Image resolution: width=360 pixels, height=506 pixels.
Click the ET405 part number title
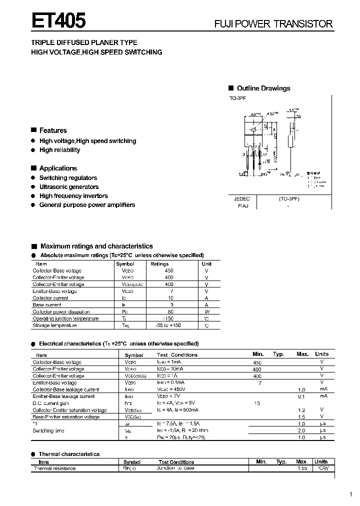pos(59,20)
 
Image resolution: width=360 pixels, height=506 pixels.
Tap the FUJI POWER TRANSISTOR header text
pos(273,23)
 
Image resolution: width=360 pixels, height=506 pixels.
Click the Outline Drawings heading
pos(263,88)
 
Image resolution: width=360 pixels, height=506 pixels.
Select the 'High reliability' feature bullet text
pos(59,150)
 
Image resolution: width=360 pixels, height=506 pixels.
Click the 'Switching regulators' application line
pos(68,178)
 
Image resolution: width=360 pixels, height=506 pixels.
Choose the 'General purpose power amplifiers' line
pos(87,205)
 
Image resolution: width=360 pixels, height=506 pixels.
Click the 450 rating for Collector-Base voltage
pos(169,270)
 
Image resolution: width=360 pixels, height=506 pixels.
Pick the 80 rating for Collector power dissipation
pos(170,311)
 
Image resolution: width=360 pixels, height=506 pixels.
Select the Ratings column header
pos(159,263)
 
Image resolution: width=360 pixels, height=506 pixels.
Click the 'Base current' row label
pos(46,304)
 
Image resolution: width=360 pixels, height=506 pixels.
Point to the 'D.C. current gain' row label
pos(50,403)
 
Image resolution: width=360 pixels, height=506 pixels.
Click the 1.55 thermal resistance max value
pos(302,468)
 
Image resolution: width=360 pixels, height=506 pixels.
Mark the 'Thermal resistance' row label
pos(54,468)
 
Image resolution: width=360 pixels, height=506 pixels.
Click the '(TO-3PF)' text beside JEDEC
pos(289,198)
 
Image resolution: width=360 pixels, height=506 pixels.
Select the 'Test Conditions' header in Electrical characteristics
pos(177,355)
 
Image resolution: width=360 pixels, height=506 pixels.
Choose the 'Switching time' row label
pos(48,430)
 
